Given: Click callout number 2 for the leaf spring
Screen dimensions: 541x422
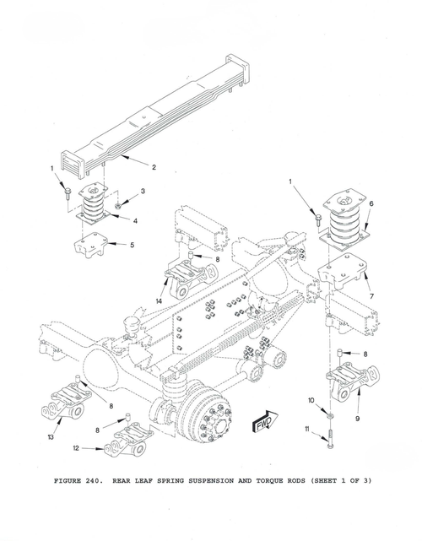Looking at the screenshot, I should coord(154,166).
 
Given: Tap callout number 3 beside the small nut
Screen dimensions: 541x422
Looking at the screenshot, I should coord(143,192).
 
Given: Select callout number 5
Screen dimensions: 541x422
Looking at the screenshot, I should coord(131,246).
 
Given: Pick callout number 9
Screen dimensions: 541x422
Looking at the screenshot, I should coord(358,418).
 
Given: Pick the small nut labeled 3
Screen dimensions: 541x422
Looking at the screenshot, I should coord(120,203).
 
